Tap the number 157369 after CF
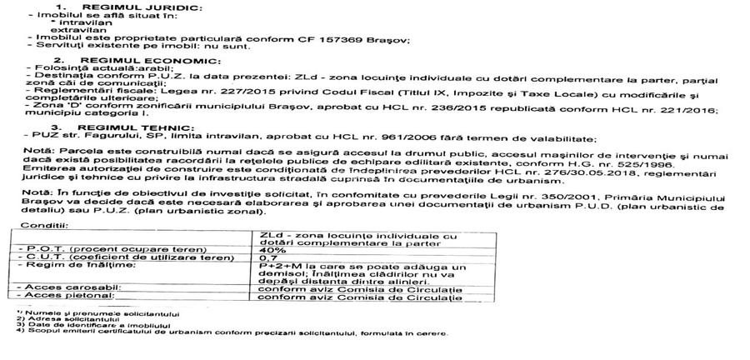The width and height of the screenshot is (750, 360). pyautogui.click(x=361, y=39)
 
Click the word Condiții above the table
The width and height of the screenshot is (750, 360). pyautogui.click(x=39, y=227)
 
